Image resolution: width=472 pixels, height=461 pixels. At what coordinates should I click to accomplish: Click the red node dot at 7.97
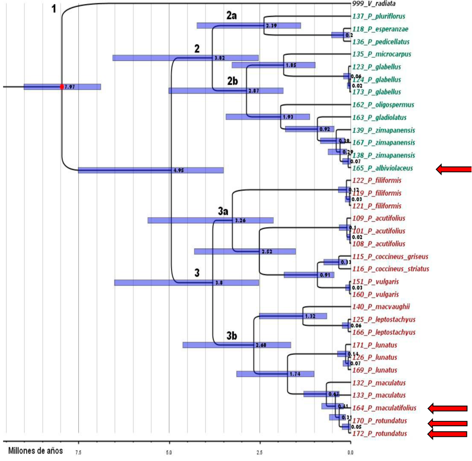point(62,87)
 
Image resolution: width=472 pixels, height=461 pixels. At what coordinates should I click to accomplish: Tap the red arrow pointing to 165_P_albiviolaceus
point(454,169)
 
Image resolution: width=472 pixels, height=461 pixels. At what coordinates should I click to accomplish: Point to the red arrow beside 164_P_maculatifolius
point(447,408)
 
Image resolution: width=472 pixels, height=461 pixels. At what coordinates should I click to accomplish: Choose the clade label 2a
point(231,16)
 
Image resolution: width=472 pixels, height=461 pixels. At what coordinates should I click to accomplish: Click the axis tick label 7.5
point(78,452)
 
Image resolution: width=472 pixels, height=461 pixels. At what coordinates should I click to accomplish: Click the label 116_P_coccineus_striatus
point(391,269)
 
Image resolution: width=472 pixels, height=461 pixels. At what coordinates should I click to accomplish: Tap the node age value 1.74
point(294,375)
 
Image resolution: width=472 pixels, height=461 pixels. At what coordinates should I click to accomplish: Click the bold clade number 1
point(56,9)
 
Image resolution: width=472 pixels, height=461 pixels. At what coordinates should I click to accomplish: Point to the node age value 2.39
point(270,25)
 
